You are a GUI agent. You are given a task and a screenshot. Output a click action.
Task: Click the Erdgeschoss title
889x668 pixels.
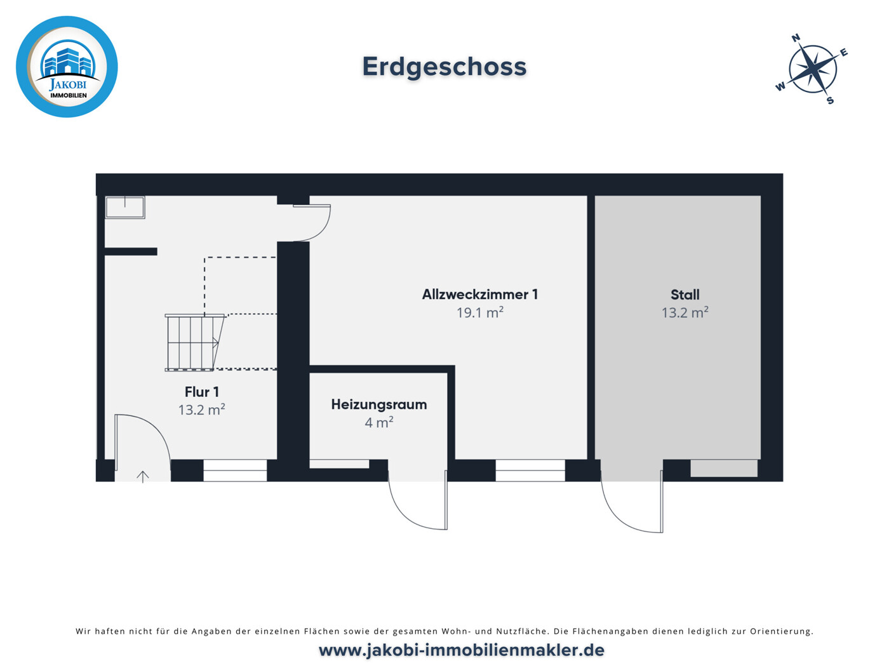point(444,67)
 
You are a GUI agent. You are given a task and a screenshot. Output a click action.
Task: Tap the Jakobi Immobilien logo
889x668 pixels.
point(67,67)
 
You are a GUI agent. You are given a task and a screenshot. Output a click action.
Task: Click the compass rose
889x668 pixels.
point(812,69)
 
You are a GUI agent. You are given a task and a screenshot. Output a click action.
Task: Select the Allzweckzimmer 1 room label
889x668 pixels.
point(480,295)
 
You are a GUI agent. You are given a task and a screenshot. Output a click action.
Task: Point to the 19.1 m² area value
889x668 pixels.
point(480,312)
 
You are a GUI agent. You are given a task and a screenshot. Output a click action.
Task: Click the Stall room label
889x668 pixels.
point(685,295)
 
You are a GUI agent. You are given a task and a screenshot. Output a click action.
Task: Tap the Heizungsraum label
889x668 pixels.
point(379,404)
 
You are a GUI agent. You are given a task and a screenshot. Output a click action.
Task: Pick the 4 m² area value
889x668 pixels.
point(379,422)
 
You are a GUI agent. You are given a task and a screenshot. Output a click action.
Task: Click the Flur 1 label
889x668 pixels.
point(202,392)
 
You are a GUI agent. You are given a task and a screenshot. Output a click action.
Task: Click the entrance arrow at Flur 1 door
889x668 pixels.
point(143,476)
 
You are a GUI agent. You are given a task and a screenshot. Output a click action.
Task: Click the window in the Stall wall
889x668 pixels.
point(724,469)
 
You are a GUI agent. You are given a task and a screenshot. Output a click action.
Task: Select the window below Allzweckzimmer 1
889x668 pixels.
point(530,471)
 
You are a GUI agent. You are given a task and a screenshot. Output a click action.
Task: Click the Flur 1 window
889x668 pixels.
point(235,471)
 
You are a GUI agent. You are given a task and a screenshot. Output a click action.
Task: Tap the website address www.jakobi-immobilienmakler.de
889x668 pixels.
point(462,650)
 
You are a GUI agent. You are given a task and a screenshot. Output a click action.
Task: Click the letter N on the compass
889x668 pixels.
point(796,38)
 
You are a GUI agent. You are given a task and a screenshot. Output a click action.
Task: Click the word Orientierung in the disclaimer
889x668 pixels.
point(781,631)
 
